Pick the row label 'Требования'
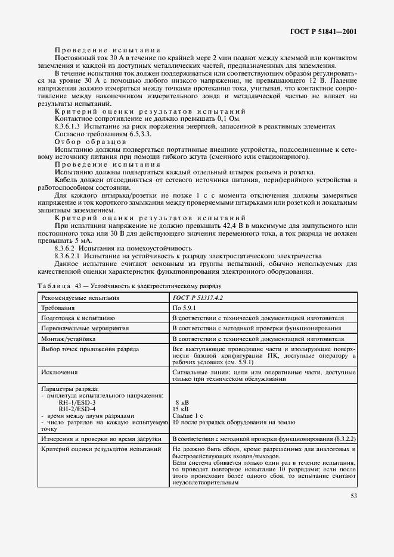pyautogui.click(x=57, y=308)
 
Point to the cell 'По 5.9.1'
pyautogui.click(x=185, y=308)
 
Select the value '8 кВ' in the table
pyautogui.click(x=180, y=402)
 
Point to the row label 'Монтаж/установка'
pyautogui.click(x=68, y=337)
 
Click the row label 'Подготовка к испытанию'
pyautogui.click(x=73, y=318)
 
